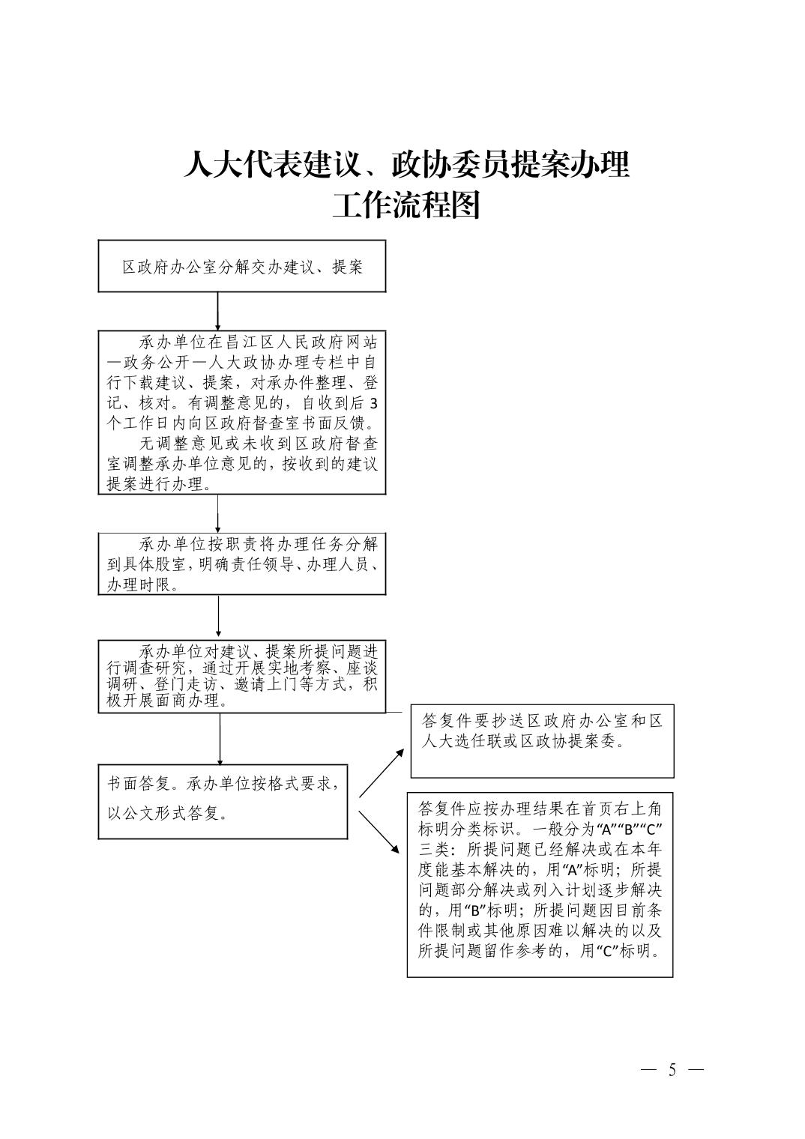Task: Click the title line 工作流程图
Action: coord(405,205)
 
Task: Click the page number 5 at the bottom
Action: coord(672,1070)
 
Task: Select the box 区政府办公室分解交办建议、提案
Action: coord(242,266)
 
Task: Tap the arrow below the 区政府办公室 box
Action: coord(217,310)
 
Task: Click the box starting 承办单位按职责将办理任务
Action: coord(242,564)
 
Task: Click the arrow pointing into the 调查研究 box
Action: coord(218,616)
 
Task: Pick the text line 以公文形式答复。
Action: coord(168,813)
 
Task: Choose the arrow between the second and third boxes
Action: coord(217,513)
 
